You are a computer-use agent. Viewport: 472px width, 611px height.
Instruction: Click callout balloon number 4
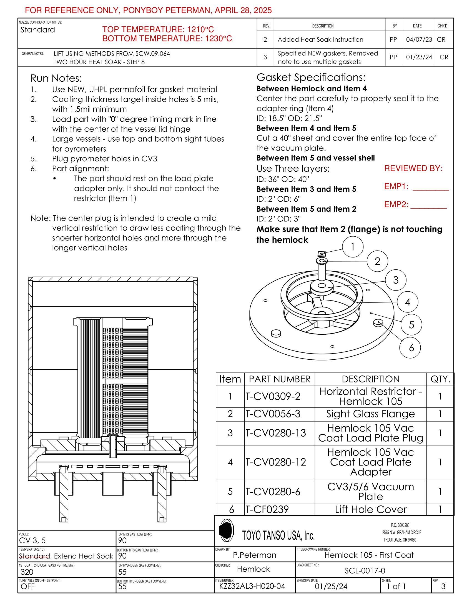pyautogui.click(x=407, y=302)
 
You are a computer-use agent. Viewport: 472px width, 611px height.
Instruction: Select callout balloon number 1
pyautogui.click(x=353, y=247)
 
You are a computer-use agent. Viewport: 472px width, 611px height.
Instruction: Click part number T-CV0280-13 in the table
pyautogui.click(x=276, y=433)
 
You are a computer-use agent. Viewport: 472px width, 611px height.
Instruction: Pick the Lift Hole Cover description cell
pyautogui.click(x=370, y=509)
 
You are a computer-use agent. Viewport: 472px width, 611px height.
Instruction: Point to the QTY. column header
pyautogui.click(x=440, y=379)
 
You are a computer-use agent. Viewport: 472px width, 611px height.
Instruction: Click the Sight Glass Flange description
pyautogui.click(x=370, y=414)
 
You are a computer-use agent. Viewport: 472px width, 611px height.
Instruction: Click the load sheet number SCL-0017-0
pyautogui.click(x=365, y=571)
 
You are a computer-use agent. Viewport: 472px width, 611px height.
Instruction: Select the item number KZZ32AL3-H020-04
pyautogui.click(x=252, y=586)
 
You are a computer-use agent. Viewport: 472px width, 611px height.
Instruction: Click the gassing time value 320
pyautogui.click(x=27, y=572)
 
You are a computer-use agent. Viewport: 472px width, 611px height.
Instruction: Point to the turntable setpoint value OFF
pyautogui.click(x=28, y=586)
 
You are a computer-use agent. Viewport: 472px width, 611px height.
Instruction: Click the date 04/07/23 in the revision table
pyautogui.click(x=419, y=40)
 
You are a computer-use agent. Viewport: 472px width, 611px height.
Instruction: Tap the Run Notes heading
pyautogui.click(x=56, y=78)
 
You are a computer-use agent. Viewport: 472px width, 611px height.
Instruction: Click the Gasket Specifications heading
pyautogui.click(x=311, y=77)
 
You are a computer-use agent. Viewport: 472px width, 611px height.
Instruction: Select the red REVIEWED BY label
pyautogui.click(x=413, y=168)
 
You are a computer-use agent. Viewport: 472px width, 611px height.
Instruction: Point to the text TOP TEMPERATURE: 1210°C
pyautogui.click(x=158, y=29)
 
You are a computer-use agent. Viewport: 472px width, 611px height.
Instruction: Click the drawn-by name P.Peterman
pyautogui.click(x=254, y=555)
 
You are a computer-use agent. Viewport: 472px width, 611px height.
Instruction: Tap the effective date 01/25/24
pyautogui.click(x=331, y=586)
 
